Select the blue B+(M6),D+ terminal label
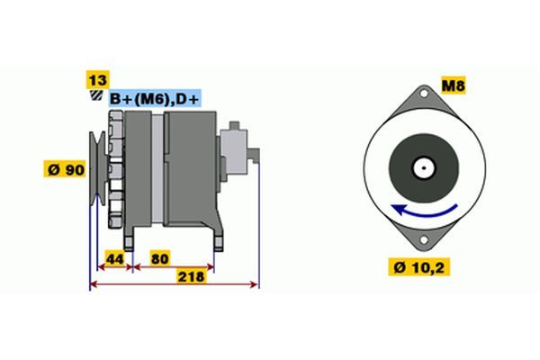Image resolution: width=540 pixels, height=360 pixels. tap(156, 98)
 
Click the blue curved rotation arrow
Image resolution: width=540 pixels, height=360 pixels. tap(422, 214)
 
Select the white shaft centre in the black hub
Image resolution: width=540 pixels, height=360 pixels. tap(422, 167)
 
